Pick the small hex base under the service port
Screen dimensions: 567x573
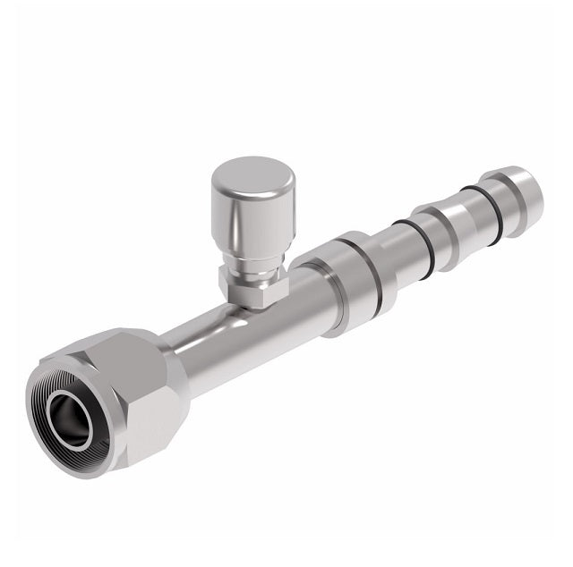(252, 288)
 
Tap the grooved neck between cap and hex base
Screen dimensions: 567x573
(255, 262)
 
